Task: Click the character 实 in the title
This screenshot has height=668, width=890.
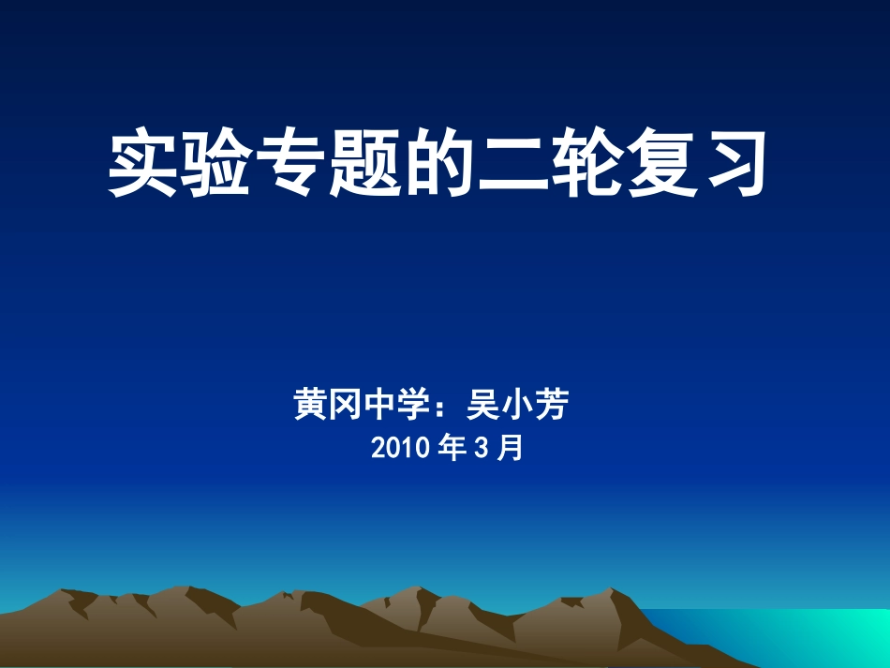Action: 143,164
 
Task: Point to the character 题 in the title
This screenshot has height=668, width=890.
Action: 365,164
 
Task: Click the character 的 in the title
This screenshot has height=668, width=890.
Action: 439,164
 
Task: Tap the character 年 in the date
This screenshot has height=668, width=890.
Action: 452,449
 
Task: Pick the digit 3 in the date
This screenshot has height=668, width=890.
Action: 482,449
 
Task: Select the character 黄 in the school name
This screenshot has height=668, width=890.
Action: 310,406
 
